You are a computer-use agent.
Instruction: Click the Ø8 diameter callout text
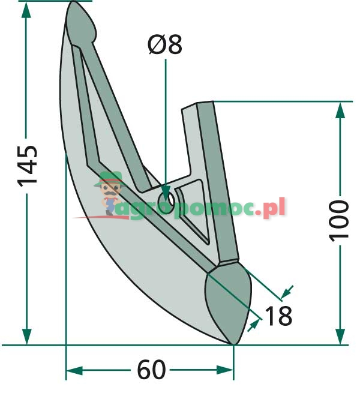[165, 46]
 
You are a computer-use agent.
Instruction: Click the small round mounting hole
[167, 198]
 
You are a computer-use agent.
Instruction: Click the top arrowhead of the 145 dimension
[26, 8]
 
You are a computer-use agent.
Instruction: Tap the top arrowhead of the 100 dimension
[340, 109]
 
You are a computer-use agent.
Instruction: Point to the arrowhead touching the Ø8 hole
[165, 193]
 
